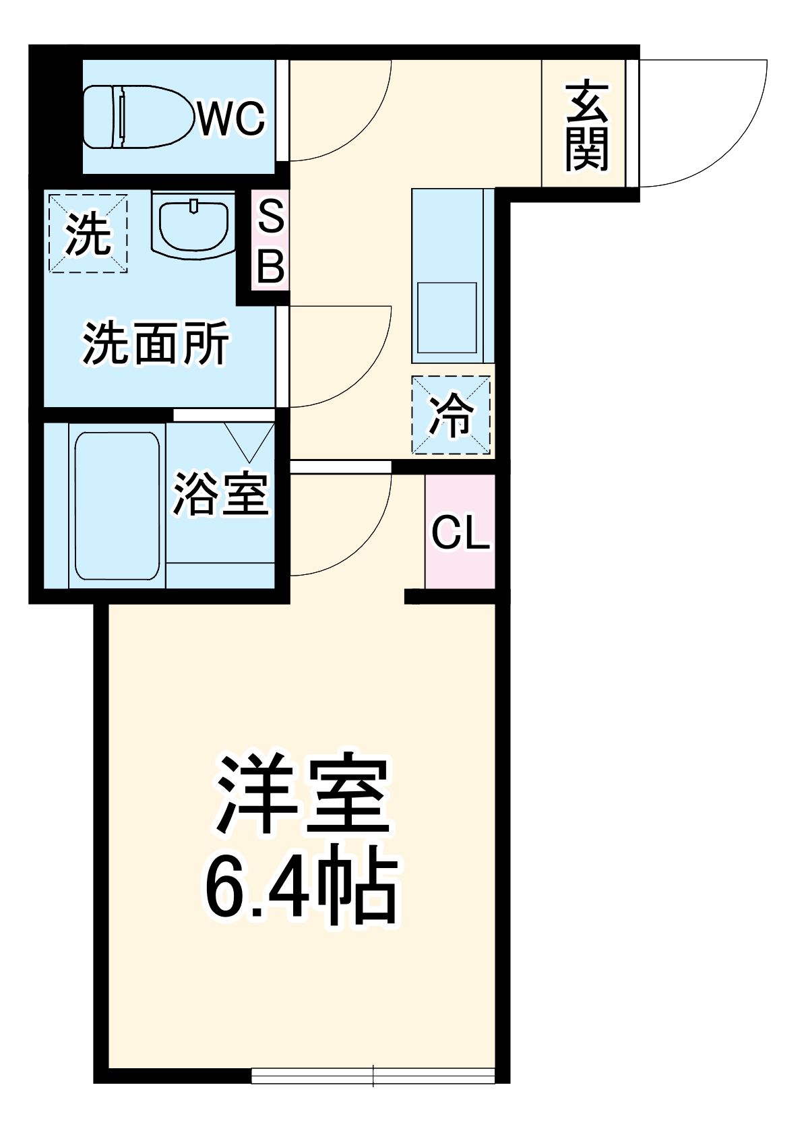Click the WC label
[231, 119]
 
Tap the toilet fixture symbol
[135, 117]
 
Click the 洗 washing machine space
[87, 233]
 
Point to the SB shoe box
[270, 239]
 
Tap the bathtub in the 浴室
[117, 505]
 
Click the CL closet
[460, 532]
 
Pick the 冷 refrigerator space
[451, 415]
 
